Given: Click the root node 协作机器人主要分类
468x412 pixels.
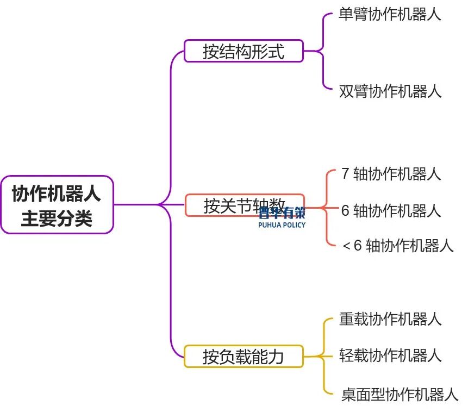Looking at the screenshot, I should point(57,205).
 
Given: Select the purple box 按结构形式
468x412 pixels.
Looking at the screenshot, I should point(244,51).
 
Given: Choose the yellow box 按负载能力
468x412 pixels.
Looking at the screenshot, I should point(244,357).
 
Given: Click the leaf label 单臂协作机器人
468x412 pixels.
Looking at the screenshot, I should point(390,15).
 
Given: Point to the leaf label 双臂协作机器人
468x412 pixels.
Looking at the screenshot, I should point(390,91).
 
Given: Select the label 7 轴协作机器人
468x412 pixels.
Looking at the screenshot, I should point(391,174).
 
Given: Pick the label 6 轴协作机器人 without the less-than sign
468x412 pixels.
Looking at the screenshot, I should point(391,210).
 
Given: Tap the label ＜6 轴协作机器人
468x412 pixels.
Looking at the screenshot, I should point(397,246).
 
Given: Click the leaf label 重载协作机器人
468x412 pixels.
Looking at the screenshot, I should point(390,319).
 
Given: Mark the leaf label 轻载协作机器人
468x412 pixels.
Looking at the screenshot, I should point(390,355).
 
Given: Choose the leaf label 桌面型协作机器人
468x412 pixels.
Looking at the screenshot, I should point(400,394).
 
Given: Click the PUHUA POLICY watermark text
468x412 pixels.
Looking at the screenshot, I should point(282,224).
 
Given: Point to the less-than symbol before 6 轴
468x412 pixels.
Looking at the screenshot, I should point(347,246).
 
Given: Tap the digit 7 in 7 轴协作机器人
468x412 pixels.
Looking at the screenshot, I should point(346,174).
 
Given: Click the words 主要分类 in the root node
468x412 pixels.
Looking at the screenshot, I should point(57,219).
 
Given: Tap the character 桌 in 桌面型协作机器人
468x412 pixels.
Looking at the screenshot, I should point(349,394).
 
